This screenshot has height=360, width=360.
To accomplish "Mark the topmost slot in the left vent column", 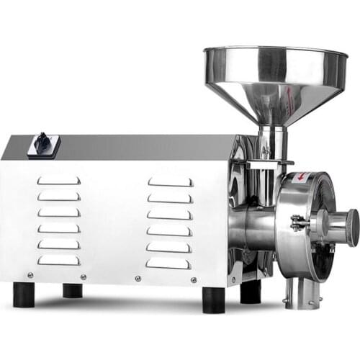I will coord(59,180).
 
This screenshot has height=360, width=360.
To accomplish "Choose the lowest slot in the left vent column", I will coord(59,260).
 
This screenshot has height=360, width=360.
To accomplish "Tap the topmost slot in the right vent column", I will coord(170,182).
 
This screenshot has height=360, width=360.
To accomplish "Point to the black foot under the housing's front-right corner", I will coord(212,300).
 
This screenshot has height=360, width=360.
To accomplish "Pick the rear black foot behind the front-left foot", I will coord(72,289).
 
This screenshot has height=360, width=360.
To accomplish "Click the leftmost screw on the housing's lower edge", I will coord(30,274).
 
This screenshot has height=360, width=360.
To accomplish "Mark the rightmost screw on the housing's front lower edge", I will coord(194,279).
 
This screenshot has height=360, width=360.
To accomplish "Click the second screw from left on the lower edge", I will coord(84,276).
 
